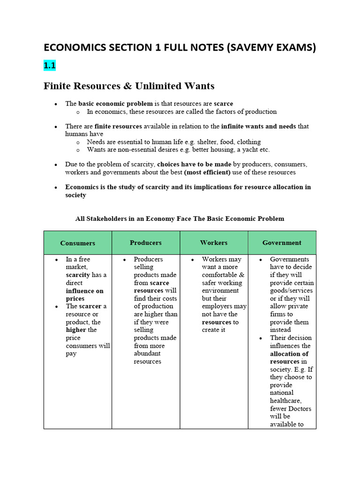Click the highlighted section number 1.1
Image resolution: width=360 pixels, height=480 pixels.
point(50,66)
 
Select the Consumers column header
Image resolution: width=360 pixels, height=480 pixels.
point(78,243)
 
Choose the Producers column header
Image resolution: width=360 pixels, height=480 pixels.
point(146,242)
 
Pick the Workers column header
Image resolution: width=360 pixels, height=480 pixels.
point(214,242)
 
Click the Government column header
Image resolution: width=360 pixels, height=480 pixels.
point(282,242)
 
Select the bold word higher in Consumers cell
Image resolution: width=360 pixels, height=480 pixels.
point(76,330)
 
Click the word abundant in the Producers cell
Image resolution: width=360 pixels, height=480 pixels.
point(147,353)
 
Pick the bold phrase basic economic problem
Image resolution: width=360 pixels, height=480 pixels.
point(115,103)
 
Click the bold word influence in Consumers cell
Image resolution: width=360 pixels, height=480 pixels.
point(84,291)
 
